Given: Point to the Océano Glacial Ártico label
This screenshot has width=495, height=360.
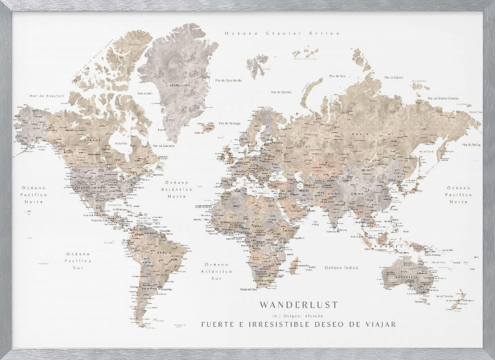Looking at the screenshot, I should pos(282,33).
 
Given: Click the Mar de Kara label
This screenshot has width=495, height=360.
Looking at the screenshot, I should pos(337,76).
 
